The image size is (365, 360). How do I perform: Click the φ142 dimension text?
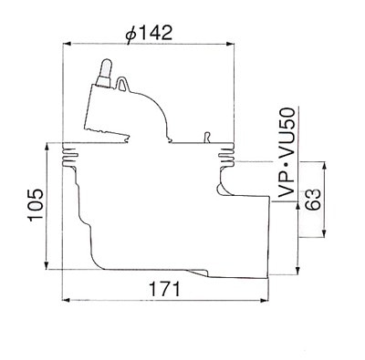click(149, 33)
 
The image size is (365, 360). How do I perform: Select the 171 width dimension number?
click(164, 289)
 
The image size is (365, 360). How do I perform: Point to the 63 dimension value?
click(313, 200)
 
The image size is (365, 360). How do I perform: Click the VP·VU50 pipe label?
click(287, 153)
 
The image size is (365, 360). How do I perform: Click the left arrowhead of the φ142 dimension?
click(67, 44)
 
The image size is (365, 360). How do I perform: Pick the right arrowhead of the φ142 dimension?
click(230, 44)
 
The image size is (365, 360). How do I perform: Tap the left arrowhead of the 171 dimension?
click(67, 300)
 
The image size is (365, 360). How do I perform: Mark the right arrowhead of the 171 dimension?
click(265, 300)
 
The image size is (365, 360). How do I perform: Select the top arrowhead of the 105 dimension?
click(47, 148)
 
